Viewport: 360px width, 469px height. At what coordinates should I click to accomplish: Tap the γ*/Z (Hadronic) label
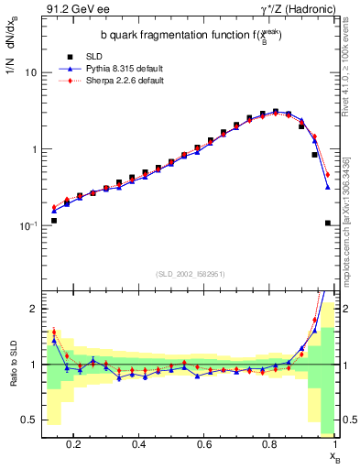(x=301, y=10)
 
